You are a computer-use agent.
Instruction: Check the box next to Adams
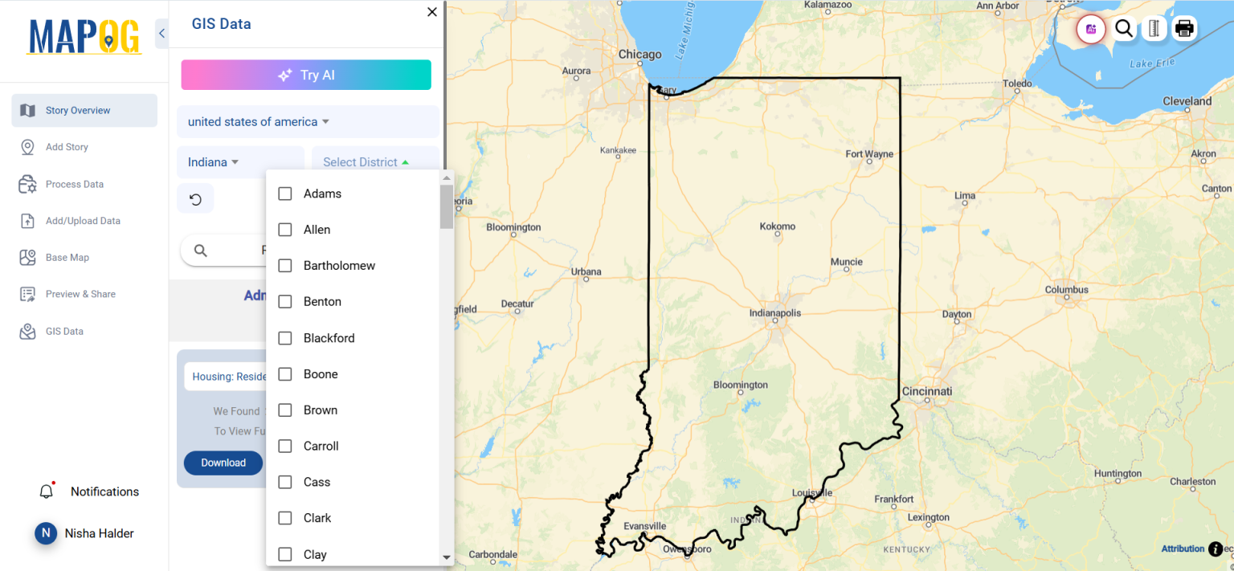284,194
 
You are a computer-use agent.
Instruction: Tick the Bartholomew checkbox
284,266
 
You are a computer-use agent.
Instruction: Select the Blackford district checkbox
284,338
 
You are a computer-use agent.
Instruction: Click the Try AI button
306,75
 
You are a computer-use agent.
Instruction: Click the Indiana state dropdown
214,162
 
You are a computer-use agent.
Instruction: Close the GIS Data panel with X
432,12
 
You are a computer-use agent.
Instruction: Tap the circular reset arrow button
195,199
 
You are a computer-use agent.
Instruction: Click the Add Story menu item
67,147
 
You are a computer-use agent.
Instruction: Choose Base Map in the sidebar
67,258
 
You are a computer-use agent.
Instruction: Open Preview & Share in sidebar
80,294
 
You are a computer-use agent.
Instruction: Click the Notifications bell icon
47,491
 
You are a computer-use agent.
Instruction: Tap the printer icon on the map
1183,29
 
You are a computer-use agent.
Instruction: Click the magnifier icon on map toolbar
1124,29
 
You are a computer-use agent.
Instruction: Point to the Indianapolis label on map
775,313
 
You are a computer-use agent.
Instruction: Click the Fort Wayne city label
869,154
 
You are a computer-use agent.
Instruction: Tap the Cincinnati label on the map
926,391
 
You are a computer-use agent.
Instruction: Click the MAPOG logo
84,36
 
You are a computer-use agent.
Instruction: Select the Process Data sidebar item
74,184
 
